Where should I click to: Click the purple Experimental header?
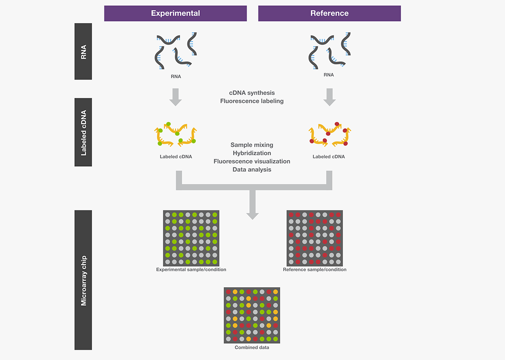point(175,13)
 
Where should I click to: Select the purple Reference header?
point(329,13)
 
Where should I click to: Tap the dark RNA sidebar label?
point(83,51)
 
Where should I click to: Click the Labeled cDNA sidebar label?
point(83,132)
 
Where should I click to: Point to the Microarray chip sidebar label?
point(83,280)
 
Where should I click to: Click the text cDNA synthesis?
point(252,93)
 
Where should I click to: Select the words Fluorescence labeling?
point(252,101)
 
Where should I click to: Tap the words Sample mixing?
point(252,145)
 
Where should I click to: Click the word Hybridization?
point(252,153)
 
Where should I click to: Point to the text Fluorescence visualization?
point(252,161)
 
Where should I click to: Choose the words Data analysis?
point(252,169)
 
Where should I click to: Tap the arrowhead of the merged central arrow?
point(252,214)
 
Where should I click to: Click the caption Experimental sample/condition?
point(191,270)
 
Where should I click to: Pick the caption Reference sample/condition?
point(315,270)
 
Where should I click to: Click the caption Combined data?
point(252,347)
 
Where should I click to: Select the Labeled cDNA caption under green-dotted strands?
point(175,157)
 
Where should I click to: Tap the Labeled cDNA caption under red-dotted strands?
point(329,157)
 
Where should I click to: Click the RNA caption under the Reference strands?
point(329,75)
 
